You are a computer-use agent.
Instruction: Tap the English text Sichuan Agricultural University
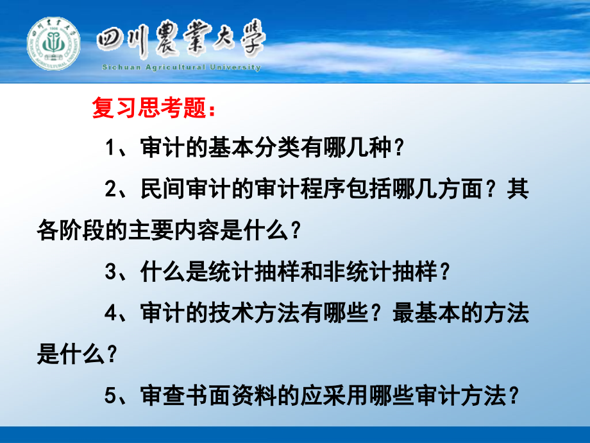pos(181,67)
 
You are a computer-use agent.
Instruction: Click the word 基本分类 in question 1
pos(240,150)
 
